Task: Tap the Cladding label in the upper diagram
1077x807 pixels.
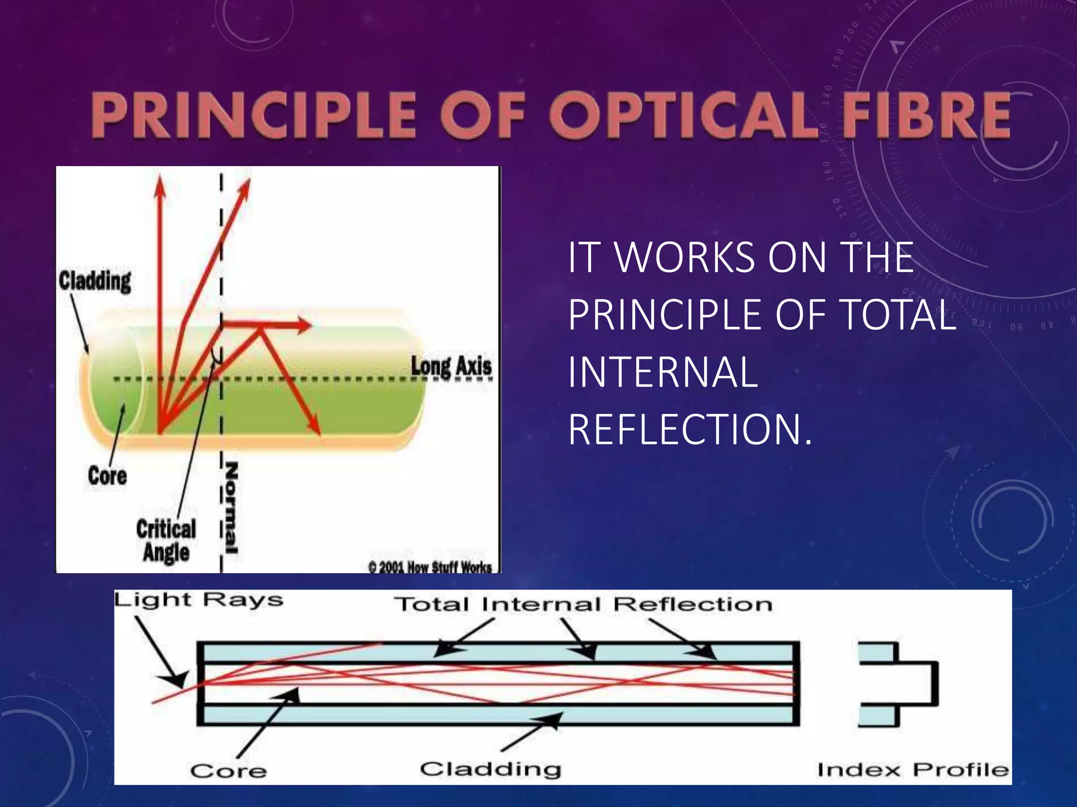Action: click(95, 281)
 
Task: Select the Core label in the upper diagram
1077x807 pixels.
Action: click(107, 476)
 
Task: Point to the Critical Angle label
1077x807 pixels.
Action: click(166, 541)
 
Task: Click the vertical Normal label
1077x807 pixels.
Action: click(231, 508)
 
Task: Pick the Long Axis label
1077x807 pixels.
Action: click(451, 366)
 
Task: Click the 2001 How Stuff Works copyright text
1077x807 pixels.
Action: click(430, 567)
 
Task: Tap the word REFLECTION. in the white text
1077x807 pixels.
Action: click(690, 430)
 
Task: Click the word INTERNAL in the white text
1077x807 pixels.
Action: click(663, 372)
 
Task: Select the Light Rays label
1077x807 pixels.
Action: click(199, 601)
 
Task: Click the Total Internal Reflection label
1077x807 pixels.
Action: click(583, 604)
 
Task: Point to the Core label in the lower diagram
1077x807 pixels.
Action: click(228, 771)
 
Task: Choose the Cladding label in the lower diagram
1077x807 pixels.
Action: click(490, 769)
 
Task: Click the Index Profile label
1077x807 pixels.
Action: click(913, 770)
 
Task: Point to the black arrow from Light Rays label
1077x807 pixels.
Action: click(160, 651)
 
